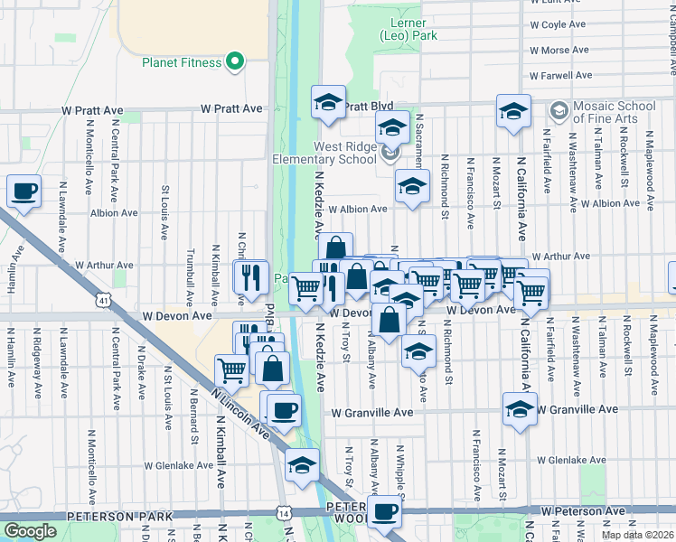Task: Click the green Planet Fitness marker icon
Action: coord(235,62)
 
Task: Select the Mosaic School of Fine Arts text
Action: coord(616,112)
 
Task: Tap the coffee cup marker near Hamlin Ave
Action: coord(24,192)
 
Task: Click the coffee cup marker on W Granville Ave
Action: coord(285,410)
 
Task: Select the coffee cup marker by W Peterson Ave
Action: coord(384,511)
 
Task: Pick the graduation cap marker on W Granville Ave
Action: coord(520,408)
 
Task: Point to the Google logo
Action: coord(30,531)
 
